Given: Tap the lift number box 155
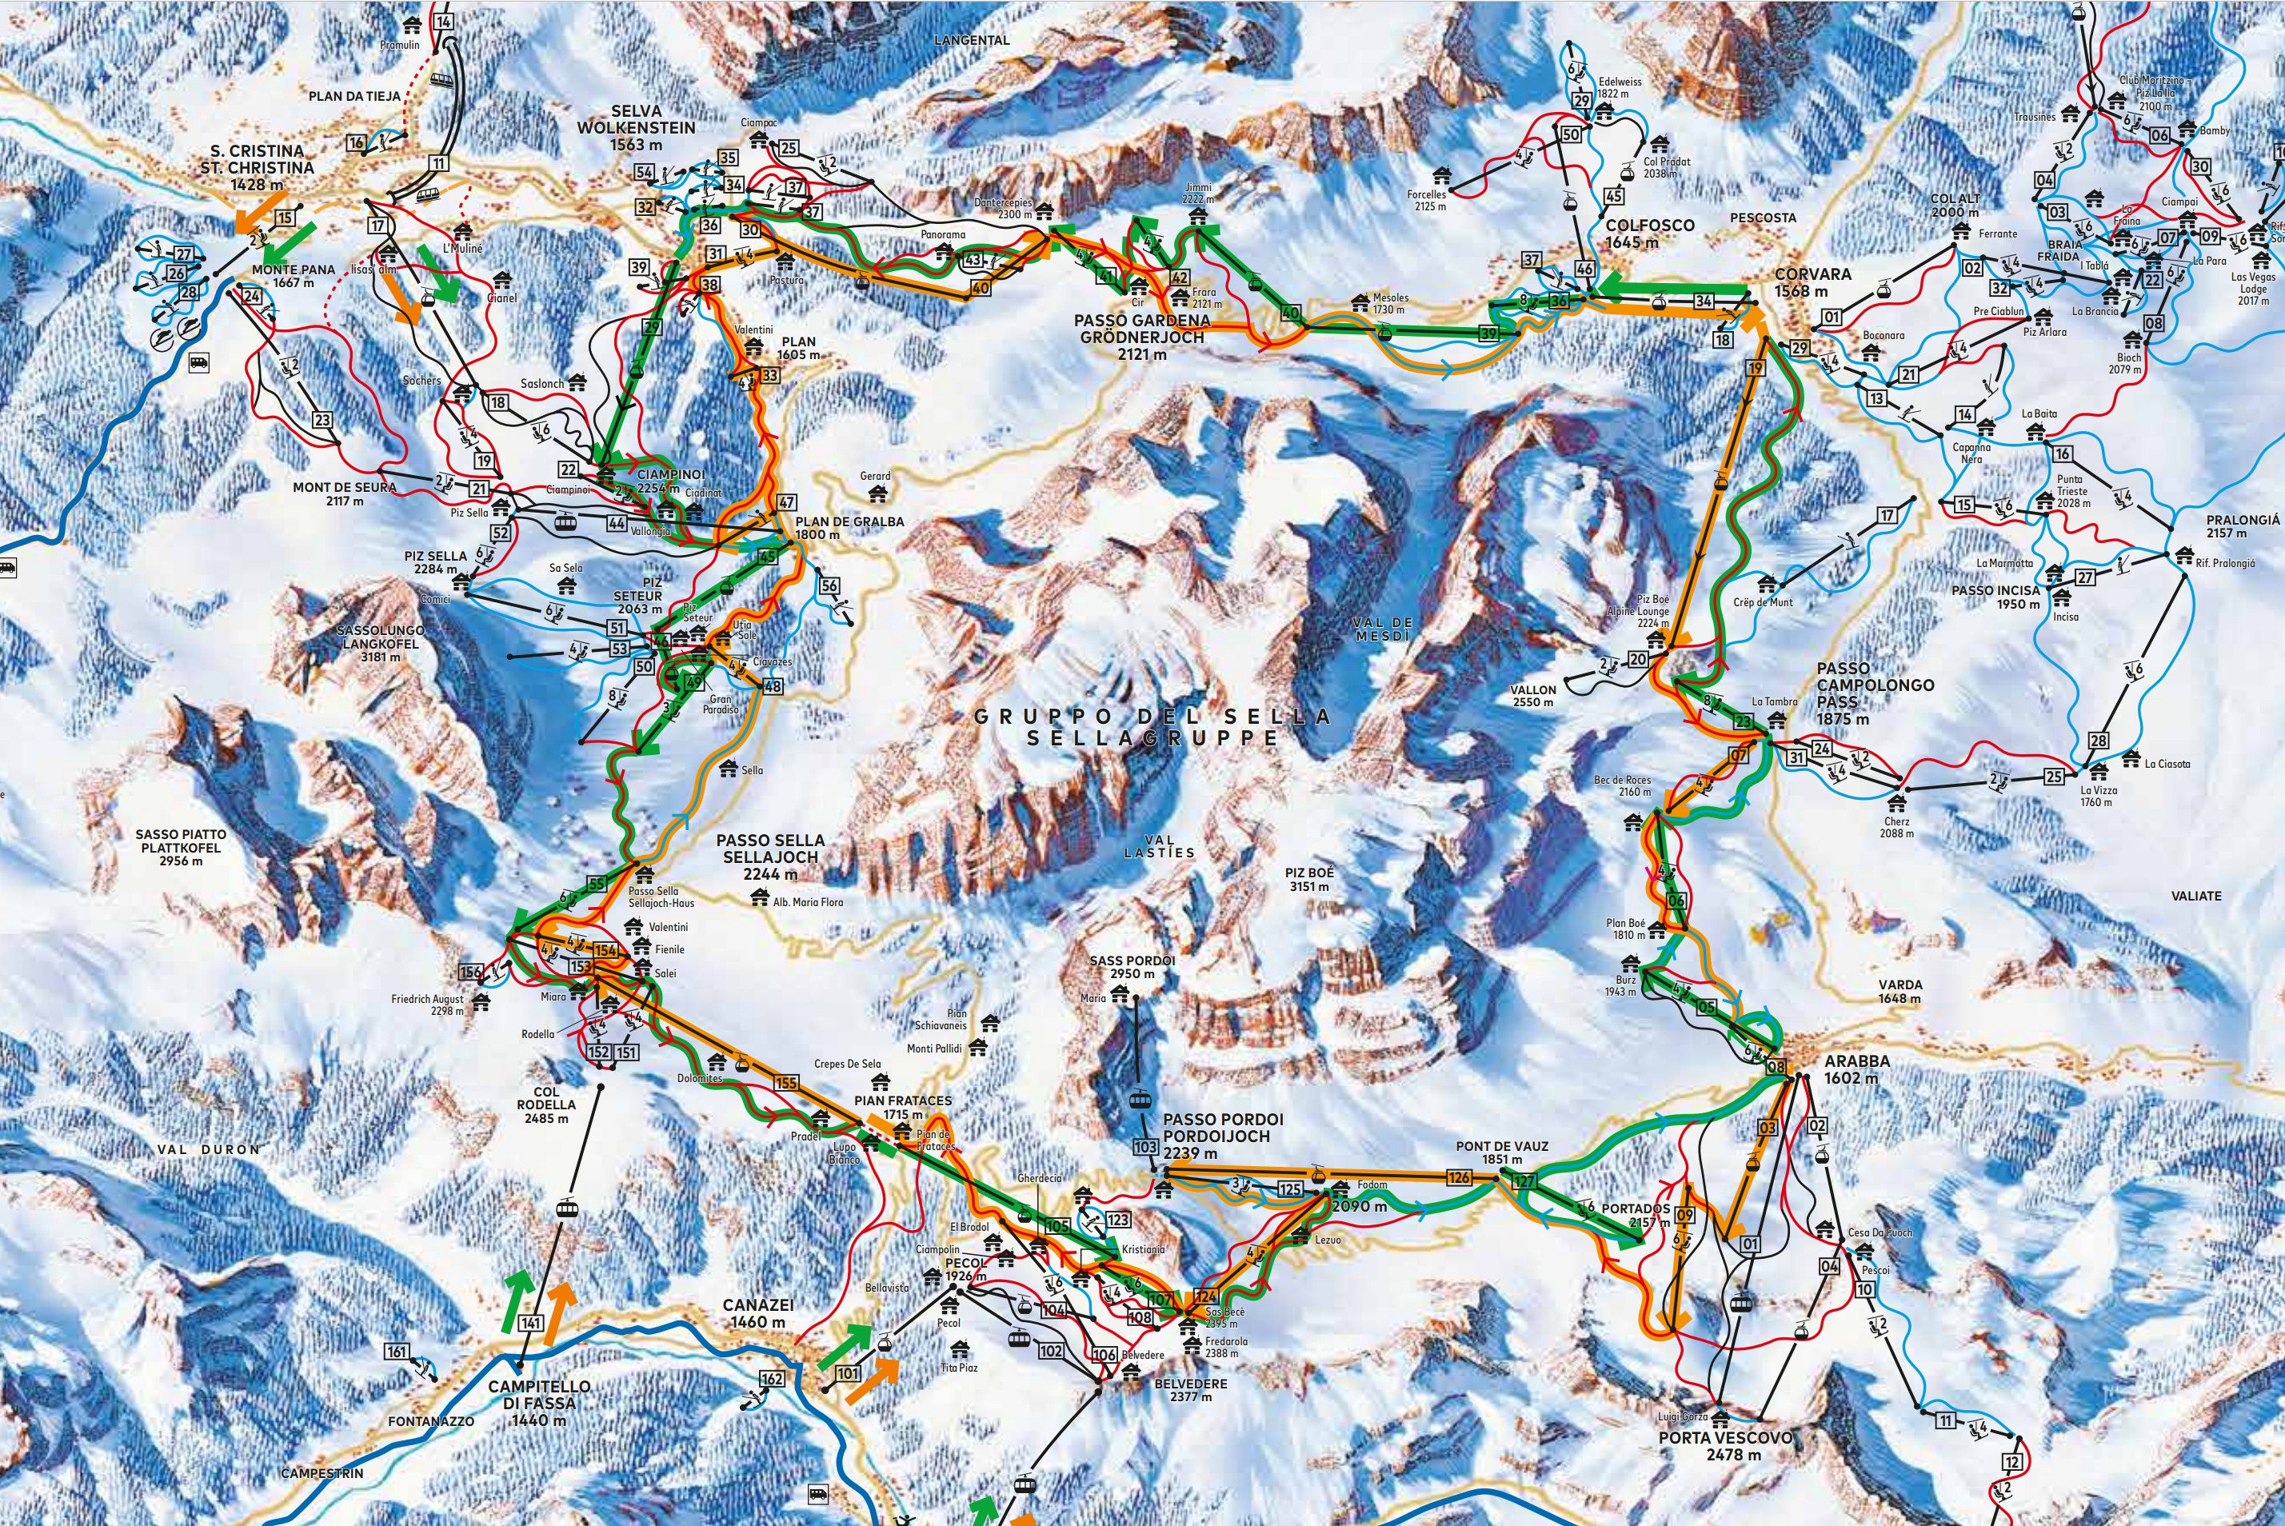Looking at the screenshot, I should tap(785, 1083).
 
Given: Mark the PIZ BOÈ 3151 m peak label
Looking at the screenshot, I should tap(1309, 879).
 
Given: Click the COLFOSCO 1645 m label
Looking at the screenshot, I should tap(1649, 234).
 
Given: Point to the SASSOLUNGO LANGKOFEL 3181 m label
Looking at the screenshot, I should tap(380, 643).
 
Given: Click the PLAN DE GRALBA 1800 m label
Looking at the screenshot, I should tap(849, 528).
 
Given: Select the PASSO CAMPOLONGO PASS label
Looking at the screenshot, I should tap(1860, 693).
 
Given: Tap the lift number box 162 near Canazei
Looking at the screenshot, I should tap(771, 1379).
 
